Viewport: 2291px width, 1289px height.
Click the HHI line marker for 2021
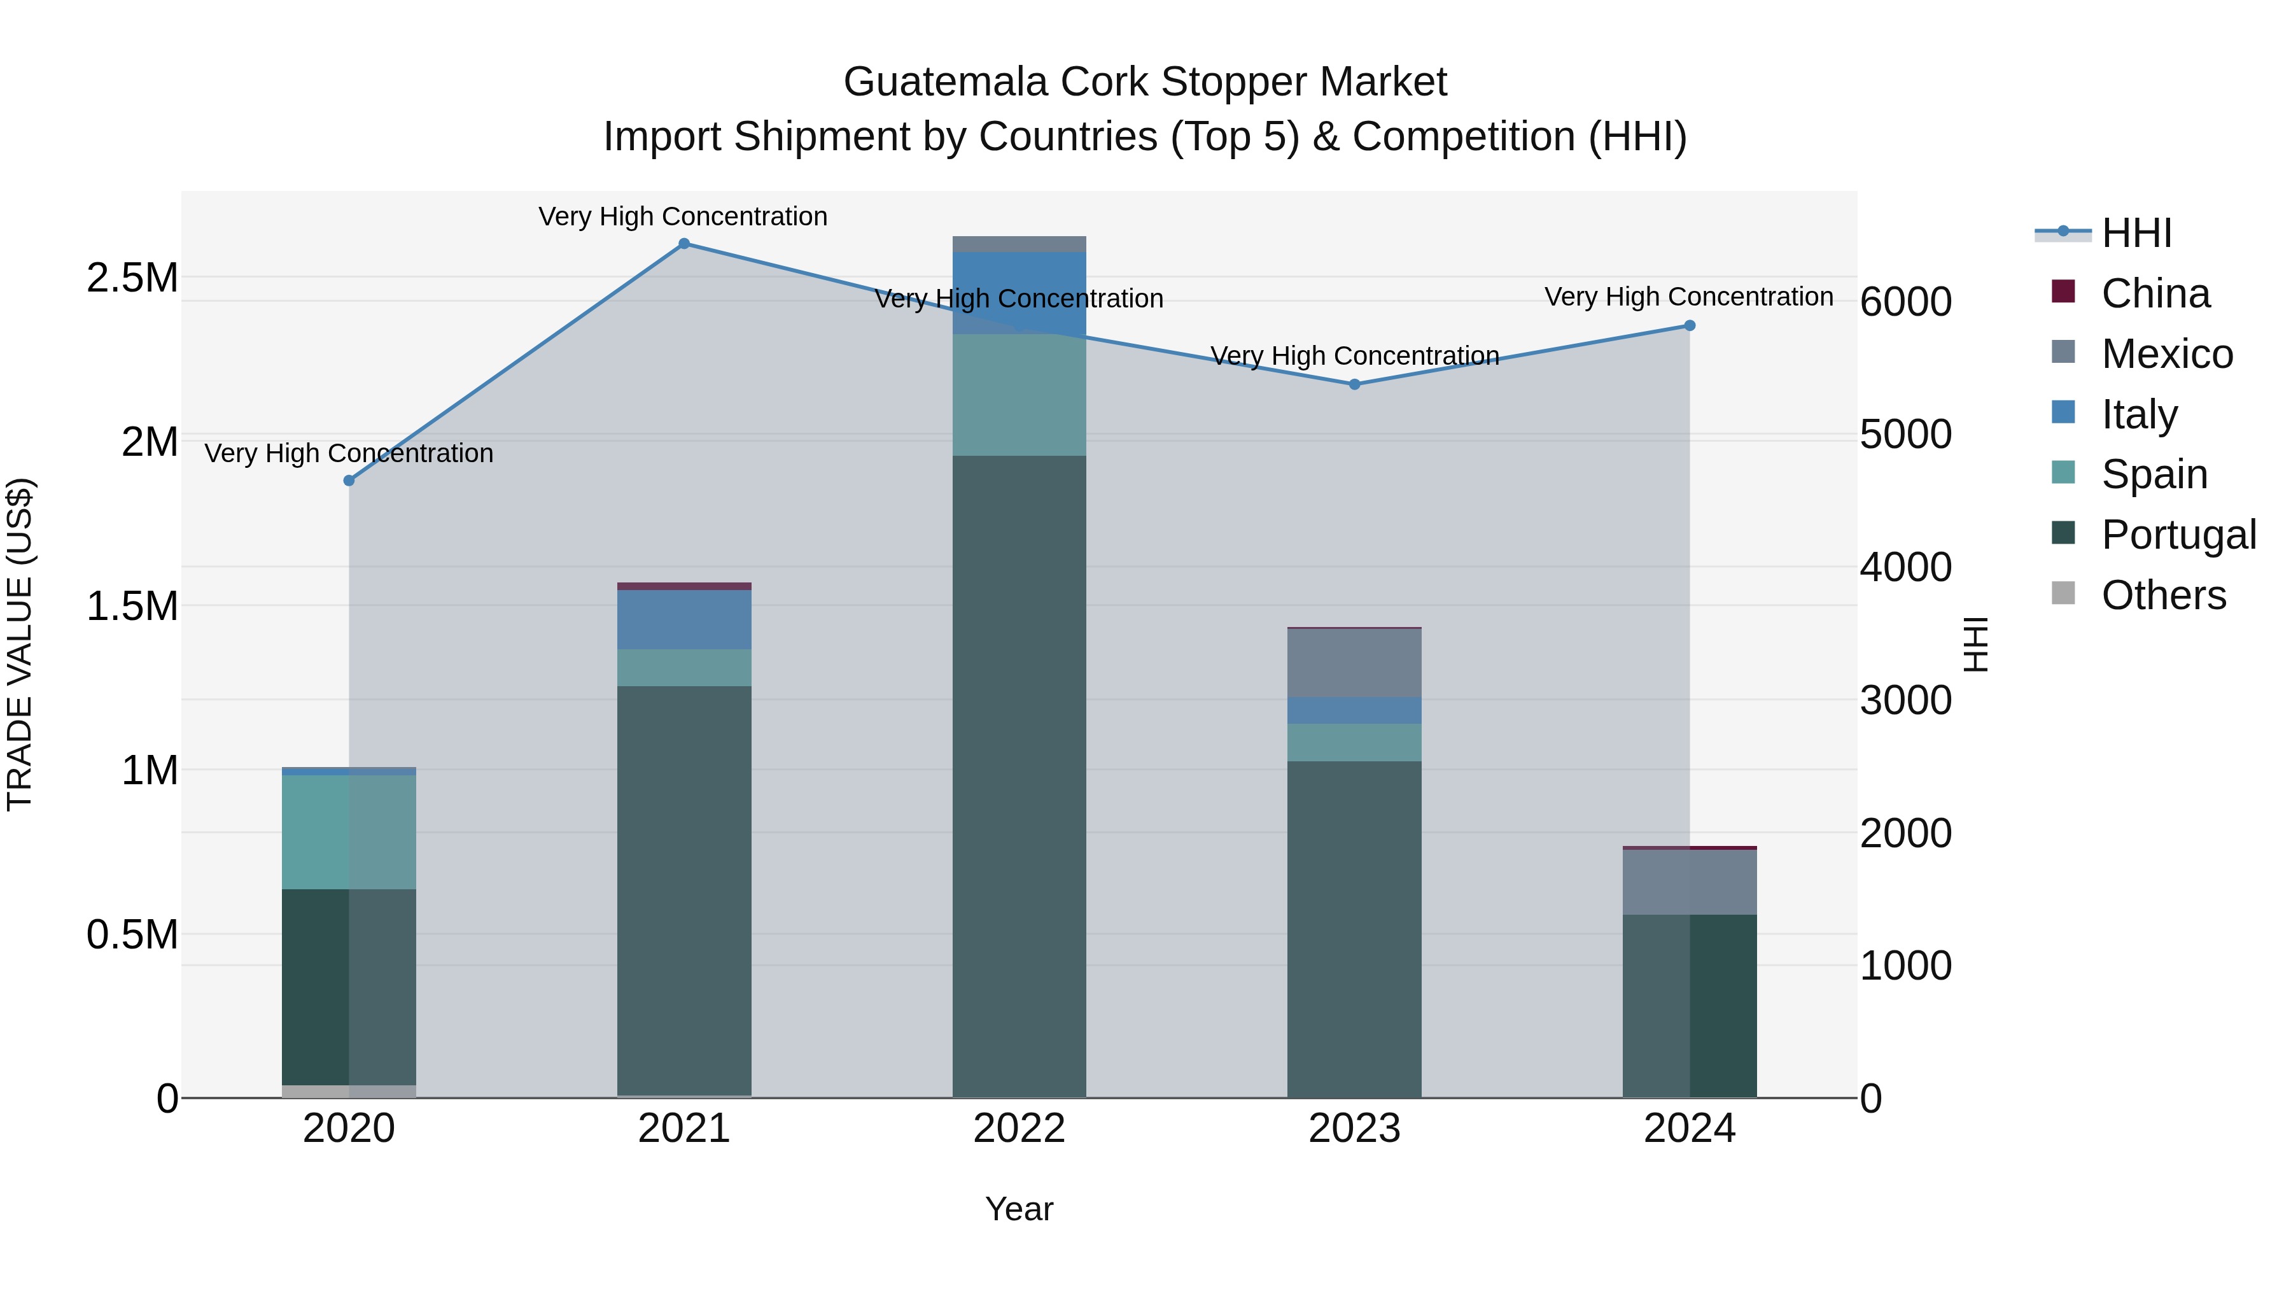(684, 244)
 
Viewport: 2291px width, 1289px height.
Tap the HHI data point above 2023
(1354, 384)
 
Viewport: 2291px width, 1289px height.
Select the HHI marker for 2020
(349, 481)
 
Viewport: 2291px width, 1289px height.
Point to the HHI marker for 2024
(1690, 325)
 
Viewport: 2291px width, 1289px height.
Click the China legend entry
(2155, 293)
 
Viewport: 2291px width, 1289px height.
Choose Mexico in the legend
(2166, 354)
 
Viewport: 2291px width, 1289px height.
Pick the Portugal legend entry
(2178, 535)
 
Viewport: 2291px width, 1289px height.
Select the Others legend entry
(2163, 595)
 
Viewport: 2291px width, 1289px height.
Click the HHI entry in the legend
(2136, 233)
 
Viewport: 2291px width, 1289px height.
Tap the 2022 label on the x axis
(1019, 1129)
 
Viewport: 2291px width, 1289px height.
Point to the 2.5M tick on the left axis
(132, 278)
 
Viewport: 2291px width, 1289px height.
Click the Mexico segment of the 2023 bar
(1354, 663)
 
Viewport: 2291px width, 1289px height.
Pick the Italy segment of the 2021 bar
(684, 619)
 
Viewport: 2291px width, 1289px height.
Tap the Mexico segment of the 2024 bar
(1690, 882)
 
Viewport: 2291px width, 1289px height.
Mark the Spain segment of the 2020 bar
(349, 832)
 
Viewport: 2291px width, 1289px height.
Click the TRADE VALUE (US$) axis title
(20, 644)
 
